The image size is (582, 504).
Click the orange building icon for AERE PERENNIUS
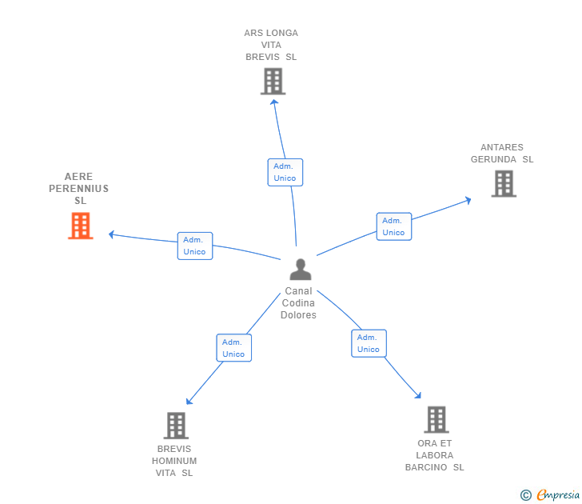81,226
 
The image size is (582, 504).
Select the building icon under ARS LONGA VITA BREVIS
273,81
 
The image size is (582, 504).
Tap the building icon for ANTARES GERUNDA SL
504,183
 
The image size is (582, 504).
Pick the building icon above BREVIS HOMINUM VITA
177,426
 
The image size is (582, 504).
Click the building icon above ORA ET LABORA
436,419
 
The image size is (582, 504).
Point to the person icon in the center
301,270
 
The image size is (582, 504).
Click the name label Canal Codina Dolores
298,302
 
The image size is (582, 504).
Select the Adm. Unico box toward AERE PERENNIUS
195,246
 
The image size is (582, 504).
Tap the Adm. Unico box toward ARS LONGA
285,172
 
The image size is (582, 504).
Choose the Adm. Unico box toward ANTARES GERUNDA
394,226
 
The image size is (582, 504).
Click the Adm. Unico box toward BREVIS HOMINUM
233,348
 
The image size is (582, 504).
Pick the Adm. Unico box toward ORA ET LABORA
369,343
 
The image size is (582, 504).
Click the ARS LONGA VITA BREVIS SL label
271,45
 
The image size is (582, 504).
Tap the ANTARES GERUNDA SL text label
502,154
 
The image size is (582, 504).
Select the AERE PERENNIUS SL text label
78,188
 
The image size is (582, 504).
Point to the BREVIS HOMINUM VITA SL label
174,461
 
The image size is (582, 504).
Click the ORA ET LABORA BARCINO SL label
435,455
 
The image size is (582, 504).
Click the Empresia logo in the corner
550,494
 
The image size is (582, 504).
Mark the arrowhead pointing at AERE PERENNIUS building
111,234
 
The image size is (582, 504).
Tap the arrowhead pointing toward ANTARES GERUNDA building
468,201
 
